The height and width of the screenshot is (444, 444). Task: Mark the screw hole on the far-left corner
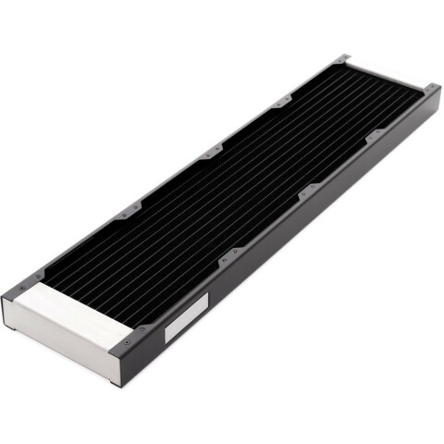[344, 60]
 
